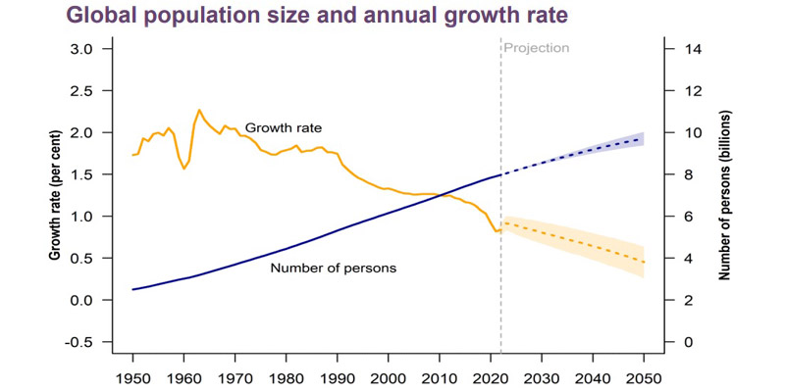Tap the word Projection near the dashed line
[536, 48]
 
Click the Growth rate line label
[284, 127]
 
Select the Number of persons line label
[333, 268]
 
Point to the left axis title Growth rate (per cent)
[55, 195]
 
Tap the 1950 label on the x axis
[131, 376]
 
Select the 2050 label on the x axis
[643, 376]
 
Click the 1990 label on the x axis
[337, 376]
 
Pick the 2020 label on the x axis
[490, 376]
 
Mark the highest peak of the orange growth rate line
[199, 110]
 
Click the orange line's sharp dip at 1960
[183, 169]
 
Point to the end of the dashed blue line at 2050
[643, 139]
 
